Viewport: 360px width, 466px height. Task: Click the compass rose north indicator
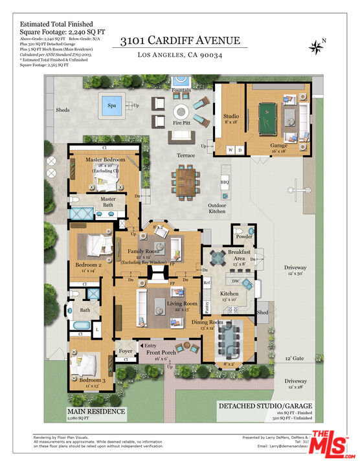click(x=317, y=45)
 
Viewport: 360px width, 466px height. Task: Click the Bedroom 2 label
click(x=91, y=265)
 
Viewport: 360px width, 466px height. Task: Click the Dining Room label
click(x=207, y=322)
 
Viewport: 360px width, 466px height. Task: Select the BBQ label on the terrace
click(x=225, y=182)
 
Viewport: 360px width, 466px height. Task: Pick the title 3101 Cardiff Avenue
click(x=179, y=40)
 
